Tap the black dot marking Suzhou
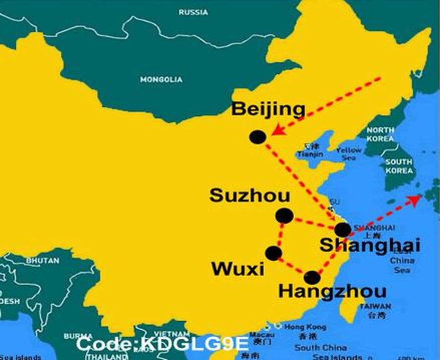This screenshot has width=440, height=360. pyautogui.click(x=284, y=216)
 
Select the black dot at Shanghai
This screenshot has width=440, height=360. pyautogui.click(x=343, y=230)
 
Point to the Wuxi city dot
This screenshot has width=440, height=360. pyautogui.click(x=273, y=254)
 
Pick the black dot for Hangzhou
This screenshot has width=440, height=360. pyautogui.click(x=312, y=278)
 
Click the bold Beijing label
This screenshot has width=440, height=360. pyautogui.click(x=268, y=109)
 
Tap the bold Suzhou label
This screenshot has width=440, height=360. pyautogui.click(x=250, y=195)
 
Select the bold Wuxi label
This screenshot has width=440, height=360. pyautogui.click(x=238, y=269)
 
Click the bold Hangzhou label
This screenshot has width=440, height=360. pyautogui.click(x=332, y=291)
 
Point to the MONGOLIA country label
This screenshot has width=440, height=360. pyautogui.click(x=161, y=79)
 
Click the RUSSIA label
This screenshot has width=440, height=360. pyautogui.click(x=194, y=12)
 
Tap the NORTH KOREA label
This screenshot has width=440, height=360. pyautogui.click(x=380, y=134)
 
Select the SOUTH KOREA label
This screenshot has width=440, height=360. pyautogui.click(x=398, y=166)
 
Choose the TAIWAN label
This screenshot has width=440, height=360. pyautogui.click(x=375, y=306)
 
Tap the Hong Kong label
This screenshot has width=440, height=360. pyautogui.click(x=305, y=327)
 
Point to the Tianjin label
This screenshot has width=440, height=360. pyautogui.click(x=310, y=154)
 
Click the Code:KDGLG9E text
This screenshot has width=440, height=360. pyautogui.click(x=162, y=344)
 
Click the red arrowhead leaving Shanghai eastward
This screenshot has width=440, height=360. pyautogui.click(x=415, y=199)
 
